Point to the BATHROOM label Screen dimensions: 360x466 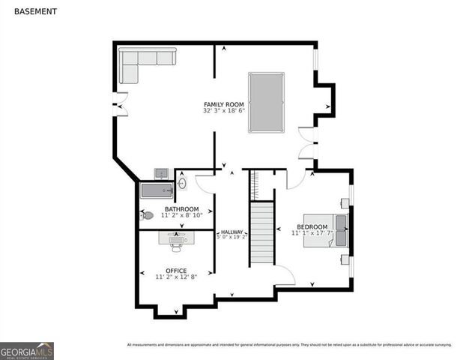click(181, 208)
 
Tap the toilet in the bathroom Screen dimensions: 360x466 click(147, 216)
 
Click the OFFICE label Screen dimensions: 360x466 click(176, 271)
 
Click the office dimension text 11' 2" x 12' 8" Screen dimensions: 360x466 click(176, 277)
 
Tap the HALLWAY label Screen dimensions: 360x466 click(232, 232)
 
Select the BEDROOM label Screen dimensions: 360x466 click(312, 227)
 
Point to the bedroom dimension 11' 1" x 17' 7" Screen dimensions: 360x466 click(312, 234)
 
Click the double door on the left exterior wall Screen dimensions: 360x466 click(118, 104)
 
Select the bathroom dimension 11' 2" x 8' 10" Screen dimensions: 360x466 click(181, 215)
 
